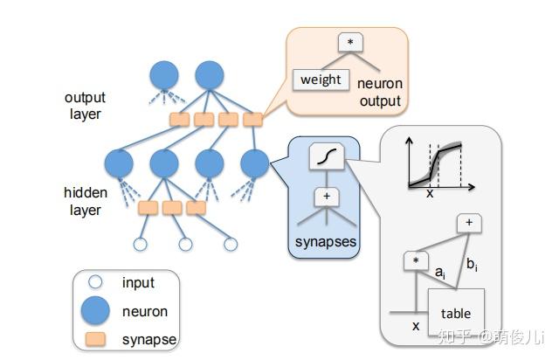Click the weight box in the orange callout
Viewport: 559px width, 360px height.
click(x=321, y=80)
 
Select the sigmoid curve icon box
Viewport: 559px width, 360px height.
click(x=327, y=156)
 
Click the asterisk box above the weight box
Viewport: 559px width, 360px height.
click(x=350, y=42)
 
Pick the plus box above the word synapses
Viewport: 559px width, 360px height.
click(x=327, y=197)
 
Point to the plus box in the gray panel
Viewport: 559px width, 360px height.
click(x=469, y=223)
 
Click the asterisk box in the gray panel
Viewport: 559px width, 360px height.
click(x=416, y=260)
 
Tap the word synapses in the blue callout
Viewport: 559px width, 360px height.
click(x=326, y=242)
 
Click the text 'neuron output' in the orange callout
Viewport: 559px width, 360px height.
click(x=380, y=92)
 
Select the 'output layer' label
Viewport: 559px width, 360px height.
click(x=85, y=106)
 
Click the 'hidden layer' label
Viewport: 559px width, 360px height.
click(x=86, y=201)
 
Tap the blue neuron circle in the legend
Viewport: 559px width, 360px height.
click(x=95, y=311)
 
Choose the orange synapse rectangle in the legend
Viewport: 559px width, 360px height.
click(x=95, y=339)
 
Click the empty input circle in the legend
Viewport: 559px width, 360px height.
click(x=95, y=282)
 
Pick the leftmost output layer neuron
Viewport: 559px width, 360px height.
click(x=164, y=75)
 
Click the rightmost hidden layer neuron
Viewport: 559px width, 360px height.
click(x=254, y=163)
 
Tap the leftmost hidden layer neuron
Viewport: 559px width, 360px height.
click(x=119, y=163)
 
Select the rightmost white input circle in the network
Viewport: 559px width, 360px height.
click(x=231, y=245)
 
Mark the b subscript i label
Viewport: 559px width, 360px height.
click(x=472, y=265)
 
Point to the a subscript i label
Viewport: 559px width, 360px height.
click(x=440, y=273)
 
